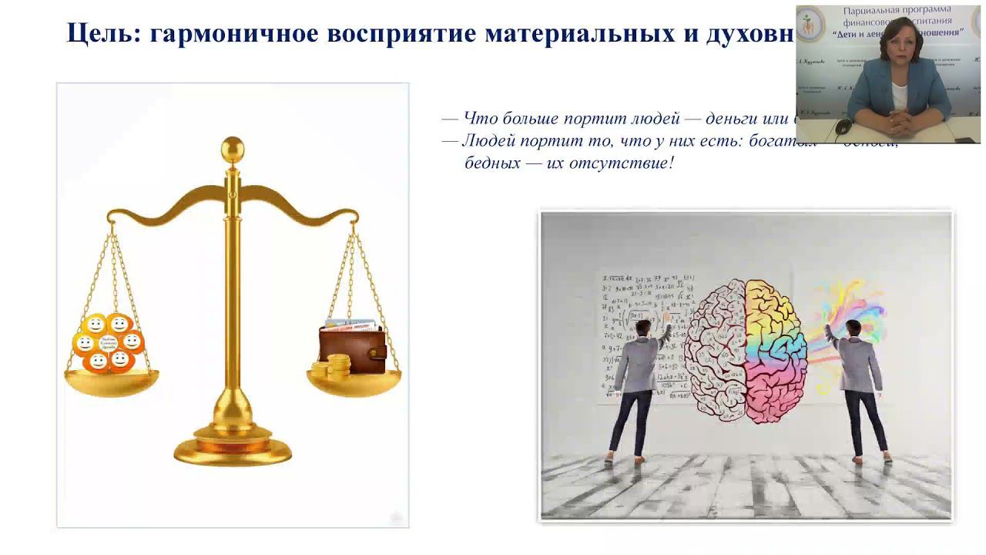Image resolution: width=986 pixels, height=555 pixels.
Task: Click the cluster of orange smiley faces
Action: pos(109,341)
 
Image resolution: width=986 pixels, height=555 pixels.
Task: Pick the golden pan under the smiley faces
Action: pos(112,382)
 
